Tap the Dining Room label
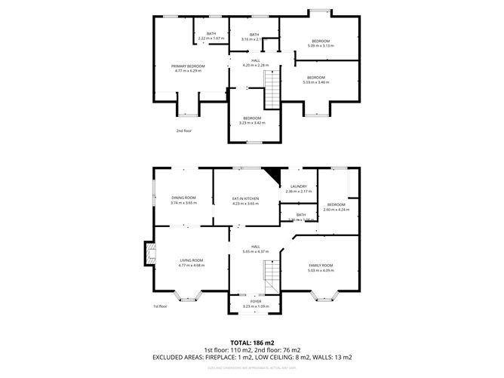pyautogui.click(x=183, y=198)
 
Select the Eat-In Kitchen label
pyautogui.click(x=245, y=198)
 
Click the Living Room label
pyautogui.click(x=191, y=260)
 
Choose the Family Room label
pyautogui.click(x=321, y=266)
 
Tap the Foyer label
pyautogui.click(x=255, y=301)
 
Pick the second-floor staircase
pyautogui.click(x=271, y=94)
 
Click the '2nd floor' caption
pyautogui.click(x=184, y=131)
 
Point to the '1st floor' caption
pyautogui.click(x=160, y=306)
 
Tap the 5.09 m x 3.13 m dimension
pyautogui.click(x=321, y=46)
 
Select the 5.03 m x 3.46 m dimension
pyautogui.click(x=315, y=81)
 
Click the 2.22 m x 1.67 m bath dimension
pyautogui.click(x=211, y=38)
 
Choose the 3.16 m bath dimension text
pyautogui.click(x=254, y=38)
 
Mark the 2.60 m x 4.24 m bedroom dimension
pyautogui.click(x=335, y=209)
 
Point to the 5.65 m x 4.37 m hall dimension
pyautogui.click(x=256, y=251)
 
